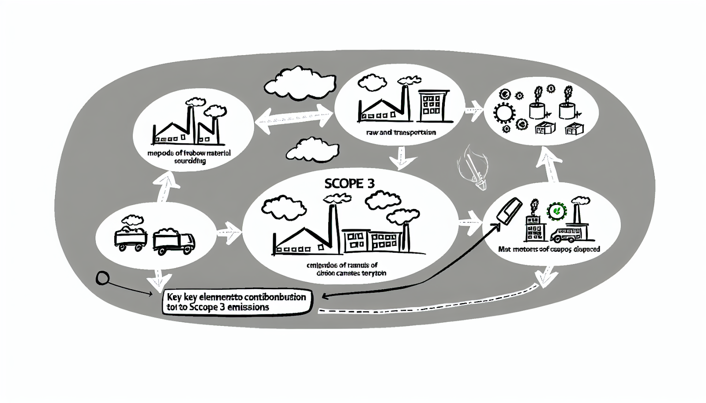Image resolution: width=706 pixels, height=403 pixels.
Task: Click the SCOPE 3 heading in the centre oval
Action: tap(349, 183)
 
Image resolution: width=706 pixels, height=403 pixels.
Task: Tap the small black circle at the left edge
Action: tap(102, 278)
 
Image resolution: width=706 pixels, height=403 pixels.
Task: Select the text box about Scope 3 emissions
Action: tap(237, 302)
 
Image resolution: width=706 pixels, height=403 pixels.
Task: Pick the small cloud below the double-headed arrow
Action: tap(313, 149)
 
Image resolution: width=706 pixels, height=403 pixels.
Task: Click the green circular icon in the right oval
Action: tap(557, 211)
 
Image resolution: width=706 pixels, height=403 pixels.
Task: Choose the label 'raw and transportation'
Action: tap(401, 132)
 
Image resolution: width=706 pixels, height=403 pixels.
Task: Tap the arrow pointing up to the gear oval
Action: tap(548, 165)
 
